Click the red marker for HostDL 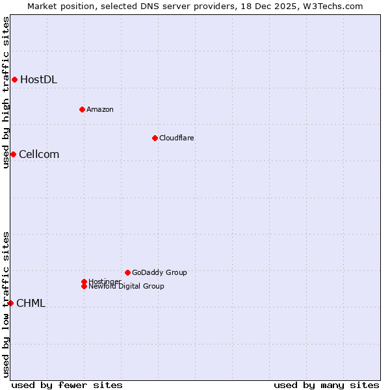(14, 79)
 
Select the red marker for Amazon (82, 109)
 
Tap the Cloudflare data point (155, 138)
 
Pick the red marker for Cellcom (13, 154)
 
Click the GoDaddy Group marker (127, 272)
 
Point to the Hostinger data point (84, 281)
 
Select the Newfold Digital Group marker (84, 286)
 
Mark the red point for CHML (10, 303)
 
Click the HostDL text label (38, 80)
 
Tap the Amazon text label (99, 109)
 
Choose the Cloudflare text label (176, 138)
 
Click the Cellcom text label (39, 155)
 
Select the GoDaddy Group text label (159, 272)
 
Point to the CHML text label (31, 304)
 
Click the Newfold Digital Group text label (126, 287)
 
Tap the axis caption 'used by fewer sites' (66, 385)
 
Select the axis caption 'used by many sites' (326, 385)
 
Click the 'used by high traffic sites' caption (6, 92)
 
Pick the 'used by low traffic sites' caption (6, 304)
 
